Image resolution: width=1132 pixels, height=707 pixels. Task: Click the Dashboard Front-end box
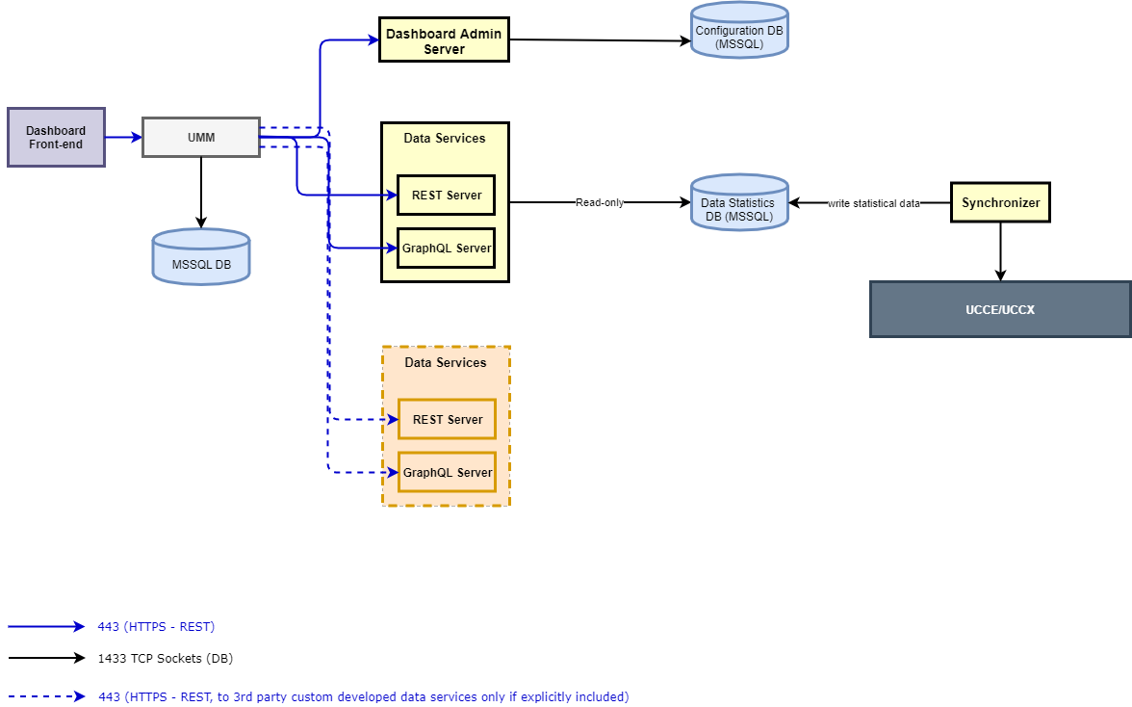[x=56, y=137]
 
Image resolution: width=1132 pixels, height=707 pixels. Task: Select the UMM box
[x=201, y=137]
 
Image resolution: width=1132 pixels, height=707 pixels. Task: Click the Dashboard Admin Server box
[x=444, y=39]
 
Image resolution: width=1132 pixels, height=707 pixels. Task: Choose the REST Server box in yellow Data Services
[x=446, y=195]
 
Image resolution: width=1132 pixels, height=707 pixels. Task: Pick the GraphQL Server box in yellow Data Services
[x=446, y=248]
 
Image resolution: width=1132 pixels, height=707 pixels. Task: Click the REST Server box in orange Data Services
[x=447, y=419]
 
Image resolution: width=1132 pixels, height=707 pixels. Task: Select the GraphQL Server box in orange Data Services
[x=447, y=472]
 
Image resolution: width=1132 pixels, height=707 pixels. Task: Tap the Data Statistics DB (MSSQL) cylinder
[x=739, y=204]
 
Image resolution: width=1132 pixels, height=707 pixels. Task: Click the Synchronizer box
[x=1000, y=202]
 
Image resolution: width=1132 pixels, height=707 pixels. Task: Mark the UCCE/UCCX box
[x=1000, y=309]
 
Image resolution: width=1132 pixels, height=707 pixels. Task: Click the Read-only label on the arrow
[x=599, y=202]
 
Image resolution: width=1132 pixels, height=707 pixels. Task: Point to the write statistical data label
[x=873, y=203]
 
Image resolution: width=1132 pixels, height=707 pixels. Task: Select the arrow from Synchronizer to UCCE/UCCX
[x=1000, y=251]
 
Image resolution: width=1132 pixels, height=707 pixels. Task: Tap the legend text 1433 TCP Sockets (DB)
[x=165, y=659]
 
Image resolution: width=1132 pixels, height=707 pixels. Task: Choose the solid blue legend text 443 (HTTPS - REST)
[x=156, y=626]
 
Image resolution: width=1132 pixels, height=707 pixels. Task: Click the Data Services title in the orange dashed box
[x=445, y=362]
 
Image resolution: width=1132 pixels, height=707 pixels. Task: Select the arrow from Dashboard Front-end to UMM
[x=123, y=137]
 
